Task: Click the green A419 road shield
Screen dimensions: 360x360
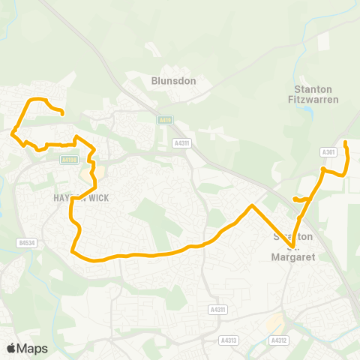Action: pos(165,119)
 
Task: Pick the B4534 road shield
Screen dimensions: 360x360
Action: pos(27,242)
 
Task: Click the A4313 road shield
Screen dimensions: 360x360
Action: pos(229,320)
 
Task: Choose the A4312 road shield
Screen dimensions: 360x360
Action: pos(280,320)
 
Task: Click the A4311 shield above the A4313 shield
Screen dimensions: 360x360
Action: pos(217,309)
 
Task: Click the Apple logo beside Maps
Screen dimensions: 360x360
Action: pos(11,348)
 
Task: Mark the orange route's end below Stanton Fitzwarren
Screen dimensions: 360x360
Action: pos(345,142)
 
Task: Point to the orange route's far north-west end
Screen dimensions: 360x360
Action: pos(61,113)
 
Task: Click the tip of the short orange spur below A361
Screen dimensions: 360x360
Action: pos(295,199)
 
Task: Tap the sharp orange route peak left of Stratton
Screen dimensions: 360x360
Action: pos(252,205)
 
